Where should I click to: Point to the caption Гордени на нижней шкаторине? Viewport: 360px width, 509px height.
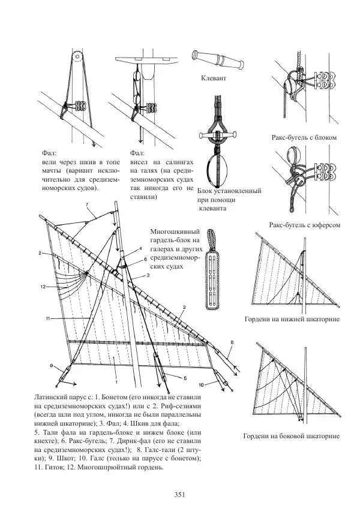coord(292,319)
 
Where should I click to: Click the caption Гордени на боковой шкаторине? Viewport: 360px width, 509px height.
coord(292,436)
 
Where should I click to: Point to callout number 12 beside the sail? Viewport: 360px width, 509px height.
coord(44,287)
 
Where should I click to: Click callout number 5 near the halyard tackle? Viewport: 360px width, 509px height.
coord(185,379)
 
